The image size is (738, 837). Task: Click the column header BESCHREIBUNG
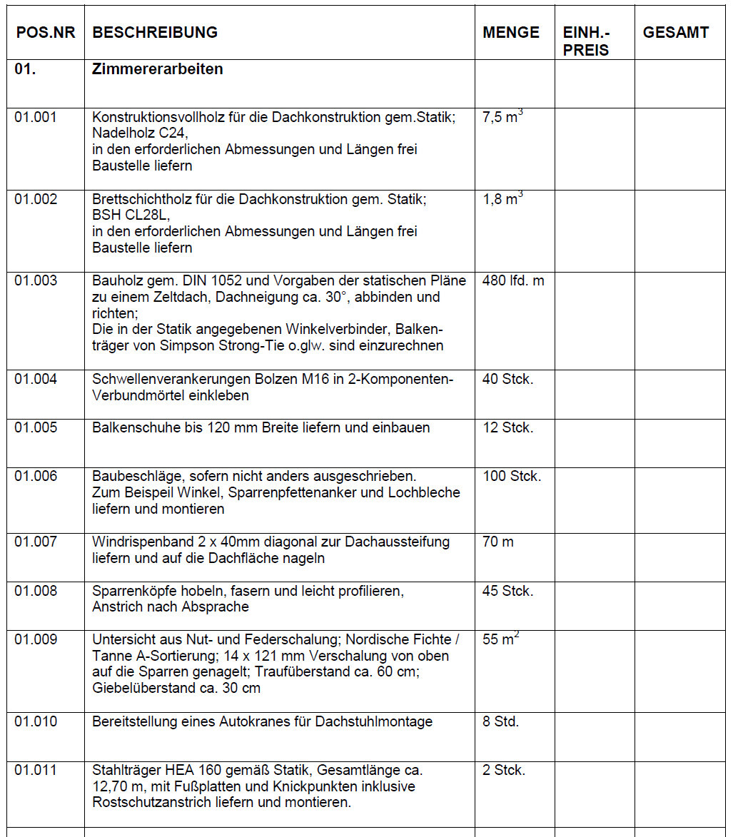pos(155,33)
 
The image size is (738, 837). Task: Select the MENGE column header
pos(510,33)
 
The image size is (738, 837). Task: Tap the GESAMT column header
pos(675,33)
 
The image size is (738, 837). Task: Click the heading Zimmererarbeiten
pos(157,70)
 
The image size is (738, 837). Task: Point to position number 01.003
pos(36,280)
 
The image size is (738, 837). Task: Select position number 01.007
pos(36,542)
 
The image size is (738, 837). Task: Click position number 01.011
pos(36,770)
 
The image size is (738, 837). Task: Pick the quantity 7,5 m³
pos(502,117)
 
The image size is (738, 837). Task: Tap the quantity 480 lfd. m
pos(512,280)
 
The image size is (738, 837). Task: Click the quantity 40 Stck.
pos(507,379)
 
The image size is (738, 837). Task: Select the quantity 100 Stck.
pos(511,476)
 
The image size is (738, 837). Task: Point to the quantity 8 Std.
pos(500,721)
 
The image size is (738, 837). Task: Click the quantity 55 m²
pos(500,639)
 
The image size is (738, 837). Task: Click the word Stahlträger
pos(128,770)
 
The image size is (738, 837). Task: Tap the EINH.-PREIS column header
pos(587,41)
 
